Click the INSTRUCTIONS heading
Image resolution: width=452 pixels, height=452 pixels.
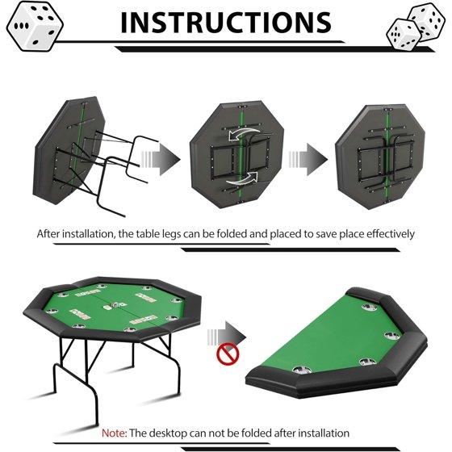pyautogui.click(x=226, y=23)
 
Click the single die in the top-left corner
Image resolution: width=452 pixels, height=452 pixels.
pyautogui.click(x=35, y=27)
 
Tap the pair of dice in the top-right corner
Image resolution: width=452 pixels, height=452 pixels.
pyautogui.click(x=416, y=26)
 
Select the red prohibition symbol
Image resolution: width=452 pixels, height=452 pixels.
pyautogui.click(x=228, y=355)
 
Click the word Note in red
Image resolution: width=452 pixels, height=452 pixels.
pyautogui.click(x=113, y=433)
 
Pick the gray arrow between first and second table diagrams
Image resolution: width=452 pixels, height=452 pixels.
pyautogui.click(x=161, y=160)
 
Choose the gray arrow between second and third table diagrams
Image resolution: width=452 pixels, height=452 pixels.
pyautogui.click(x=308, y=160)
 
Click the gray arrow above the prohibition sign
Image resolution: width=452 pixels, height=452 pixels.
pyautogui.click(x=227, y=335)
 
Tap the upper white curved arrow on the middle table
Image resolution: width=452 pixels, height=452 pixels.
pyautogui.click(x=244, y=133)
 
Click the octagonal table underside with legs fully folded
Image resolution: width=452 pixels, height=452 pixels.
pyautogui.click(x=380, y=157)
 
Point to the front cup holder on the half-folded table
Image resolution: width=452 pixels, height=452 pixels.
pyautogui.click(x=302, y=370)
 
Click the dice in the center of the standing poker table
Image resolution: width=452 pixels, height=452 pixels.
pyautogui.click(x=115, y=305)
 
